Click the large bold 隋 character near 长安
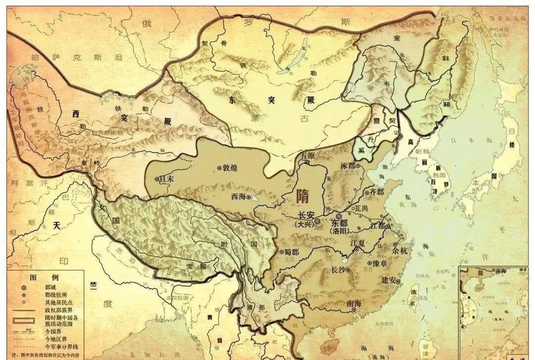[303, 196]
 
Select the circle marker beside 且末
[158, 180]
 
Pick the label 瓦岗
[362, 208]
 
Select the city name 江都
[377, 226]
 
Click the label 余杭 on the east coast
[401, 251]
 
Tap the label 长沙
[340, 270]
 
